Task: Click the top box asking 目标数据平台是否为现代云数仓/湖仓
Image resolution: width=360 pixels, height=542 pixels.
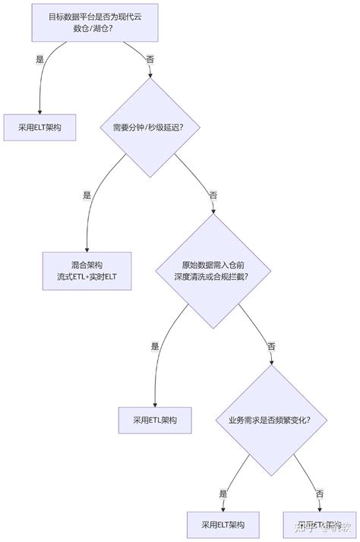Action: (95, 22)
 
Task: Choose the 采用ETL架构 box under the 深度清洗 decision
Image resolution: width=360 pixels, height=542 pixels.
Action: (155, 419)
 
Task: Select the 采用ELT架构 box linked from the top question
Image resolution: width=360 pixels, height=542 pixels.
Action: (40, 128)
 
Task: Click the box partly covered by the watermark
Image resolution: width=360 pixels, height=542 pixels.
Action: (317, 524)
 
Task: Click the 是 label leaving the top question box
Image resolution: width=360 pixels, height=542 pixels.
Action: (40, 59)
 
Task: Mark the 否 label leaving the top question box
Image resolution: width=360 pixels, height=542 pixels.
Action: (150, 59)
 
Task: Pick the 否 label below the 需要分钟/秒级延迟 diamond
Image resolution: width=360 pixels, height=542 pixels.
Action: (213, 195)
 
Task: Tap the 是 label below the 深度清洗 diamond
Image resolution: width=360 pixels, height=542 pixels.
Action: (155, 346)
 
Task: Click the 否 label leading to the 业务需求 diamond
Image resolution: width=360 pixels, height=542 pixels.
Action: (271, 346)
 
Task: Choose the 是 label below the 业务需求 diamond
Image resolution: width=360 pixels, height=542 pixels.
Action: (223, 494)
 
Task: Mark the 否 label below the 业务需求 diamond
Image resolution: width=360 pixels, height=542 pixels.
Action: (319, 494)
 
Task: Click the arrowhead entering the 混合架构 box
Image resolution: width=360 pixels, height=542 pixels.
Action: (87, 250)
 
